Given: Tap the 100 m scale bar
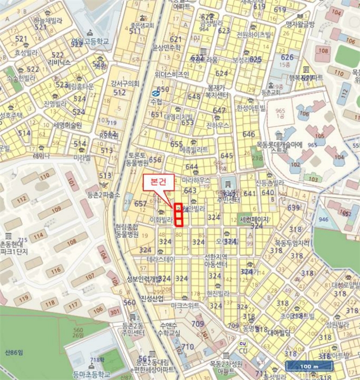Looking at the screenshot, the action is (307, 366).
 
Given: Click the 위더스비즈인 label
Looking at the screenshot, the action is (172, 74).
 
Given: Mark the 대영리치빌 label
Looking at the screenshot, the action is (179, 116).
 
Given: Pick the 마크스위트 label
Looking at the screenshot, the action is (186, 306).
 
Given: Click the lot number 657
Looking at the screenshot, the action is (140, 204).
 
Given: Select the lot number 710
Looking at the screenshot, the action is (187, 346).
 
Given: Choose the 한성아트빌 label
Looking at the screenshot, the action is (251, 107).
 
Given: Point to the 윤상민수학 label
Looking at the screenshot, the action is (166, 47).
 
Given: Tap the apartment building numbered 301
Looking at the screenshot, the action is (113, 312).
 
